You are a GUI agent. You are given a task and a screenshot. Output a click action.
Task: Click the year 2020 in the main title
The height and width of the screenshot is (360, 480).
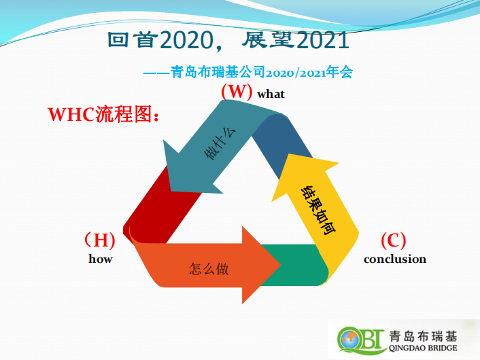186,40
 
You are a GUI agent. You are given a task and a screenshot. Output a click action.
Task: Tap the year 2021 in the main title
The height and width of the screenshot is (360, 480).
323,40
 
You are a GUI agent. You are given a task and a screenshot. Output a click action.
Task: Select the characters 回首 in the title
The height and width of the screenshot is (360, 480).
133,39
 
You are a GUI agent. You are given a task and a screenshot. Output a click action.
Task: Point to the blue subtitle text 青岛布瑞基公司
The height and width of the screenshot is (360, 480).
218,72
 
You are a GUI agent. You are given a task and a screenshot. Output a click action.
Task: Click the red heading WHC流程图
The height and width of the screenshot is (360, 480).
104,114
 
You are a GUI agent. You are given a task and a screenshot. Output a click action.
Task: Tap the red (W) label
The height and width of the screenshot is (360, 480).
237,91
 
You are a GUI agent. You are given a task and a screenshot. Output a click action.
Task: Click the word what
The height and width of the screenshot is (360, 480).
271,94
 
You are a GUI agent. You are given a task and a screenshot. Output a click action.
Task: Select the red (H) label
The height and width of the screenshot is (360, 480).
100,240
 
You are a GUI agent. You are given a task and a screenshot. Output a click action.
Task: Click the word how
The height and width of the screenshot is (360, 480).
101,259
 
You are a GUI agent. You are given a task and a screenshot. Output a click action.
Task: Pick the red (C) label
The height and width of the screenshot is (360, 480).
394,240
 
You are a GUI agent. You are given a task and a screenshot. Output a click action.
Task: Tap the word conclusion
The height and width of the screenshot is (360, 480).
395,259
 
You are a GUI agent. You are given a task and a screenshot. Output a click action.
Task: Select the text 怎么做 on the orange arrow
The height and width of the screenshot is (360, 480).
209,269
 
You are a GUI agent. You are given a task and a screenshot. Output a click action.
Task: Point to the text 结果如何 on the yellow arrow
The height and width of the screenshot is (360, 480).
318,210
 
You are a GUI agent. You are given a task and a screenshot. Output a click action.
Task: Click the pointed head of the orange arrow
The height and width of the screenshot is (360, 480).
280,265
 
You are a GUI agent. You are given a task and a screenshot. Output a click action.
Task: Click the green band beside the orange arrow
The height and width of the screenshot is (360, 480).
294,265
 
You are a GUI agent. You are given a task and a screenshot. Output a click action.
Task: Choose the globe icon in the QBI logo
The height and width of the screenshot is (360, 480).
349,340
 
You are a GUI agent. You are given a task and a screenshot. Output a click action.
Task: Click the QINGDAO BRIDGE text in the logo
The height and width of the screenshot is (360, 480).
423,348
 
